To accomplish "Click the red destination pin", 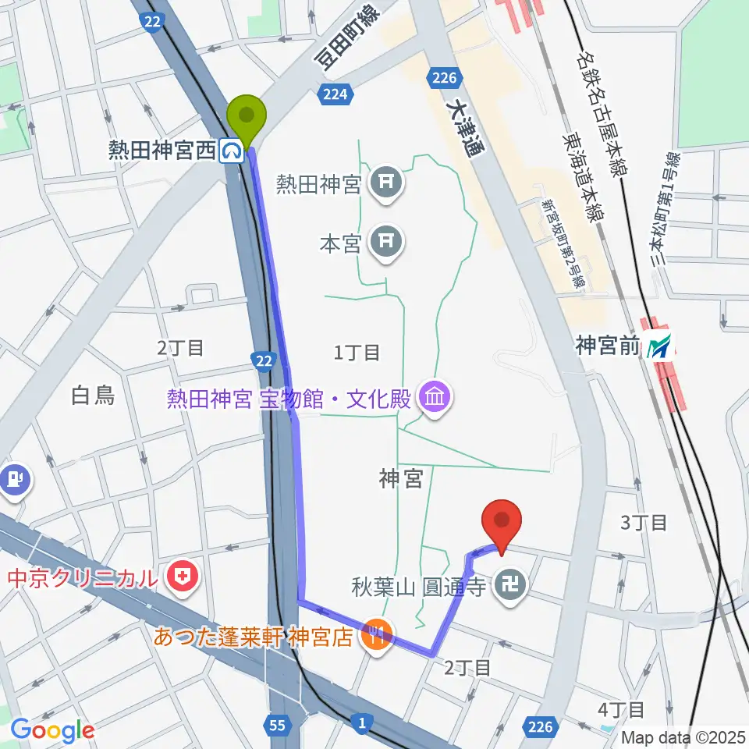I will (502, 524).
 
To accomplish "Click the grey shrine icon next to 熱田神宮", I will (387, 184).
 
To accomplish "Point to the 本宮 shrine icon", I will (387, 242).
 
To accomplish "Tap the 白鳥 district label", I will (93, 396).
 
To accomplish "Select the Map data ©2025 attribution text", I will (683, 737).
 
